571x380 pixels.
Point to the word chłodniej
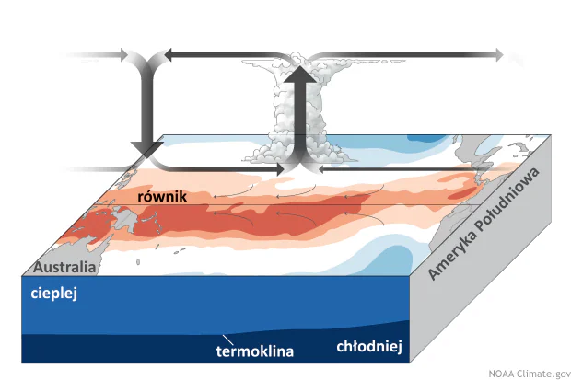tap(366, 347)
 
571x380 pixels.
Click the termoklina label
tap(254, 351)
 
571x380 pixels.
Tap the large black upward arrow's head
tap(297, 73)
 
